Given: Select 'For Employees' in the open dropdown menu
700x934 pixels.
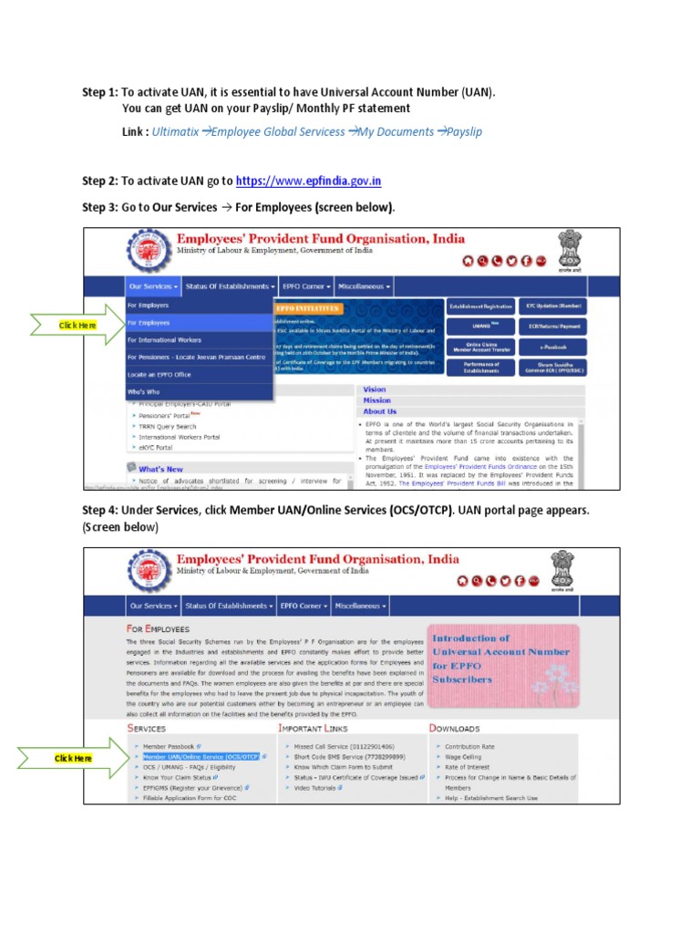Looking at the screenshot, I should [x=149, y=323].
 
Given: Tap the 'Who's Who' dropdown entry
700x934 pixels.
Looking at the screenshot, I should [x=143, y=392].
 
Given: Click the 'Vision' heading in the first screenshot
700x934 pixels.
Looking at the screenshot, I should [x=375, y=389].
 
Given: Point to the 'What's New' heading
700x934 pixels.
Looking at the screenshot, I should [x=160, y=469].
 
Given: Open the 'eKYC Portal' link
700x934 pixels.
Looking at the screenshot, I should [x=152, y=448].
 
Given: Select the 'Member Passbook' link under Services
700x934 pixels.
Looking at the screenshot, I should [x=169, y=746].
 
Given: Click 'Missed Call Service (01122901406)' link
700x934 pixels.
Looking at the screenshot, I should [x=338, y=746].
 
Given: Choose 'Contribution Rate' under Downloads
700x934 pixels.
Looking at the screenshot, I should [x=469, y=746].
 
